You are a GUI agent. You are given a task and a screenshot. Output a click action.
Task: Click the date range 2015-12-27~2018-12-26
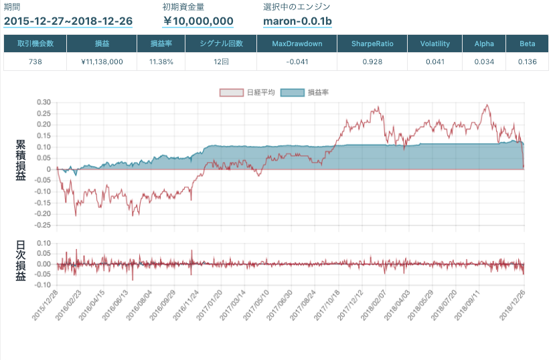coord(68,21)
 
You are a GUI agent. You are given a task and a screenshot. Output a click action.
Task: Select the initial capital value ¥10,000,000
coord(198,21)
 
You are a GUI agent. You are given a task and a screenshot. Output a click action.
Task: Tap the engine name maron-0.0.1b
coord(297,21)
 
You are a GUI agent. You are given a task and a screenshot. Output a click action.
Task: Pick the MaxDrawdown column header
coord(297,43)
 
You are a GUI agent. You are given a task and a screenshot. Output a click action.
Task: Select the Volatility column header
coord(435,43)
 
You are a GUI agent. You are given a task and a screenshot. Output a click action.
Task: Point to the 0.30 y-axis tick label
coord(43,102)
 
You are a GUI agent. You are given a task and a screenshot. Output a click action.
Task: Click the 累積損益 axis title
coord(21,161)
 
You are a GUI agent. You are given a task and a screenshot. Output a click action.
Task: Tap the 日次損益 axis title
coord(21,261)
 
